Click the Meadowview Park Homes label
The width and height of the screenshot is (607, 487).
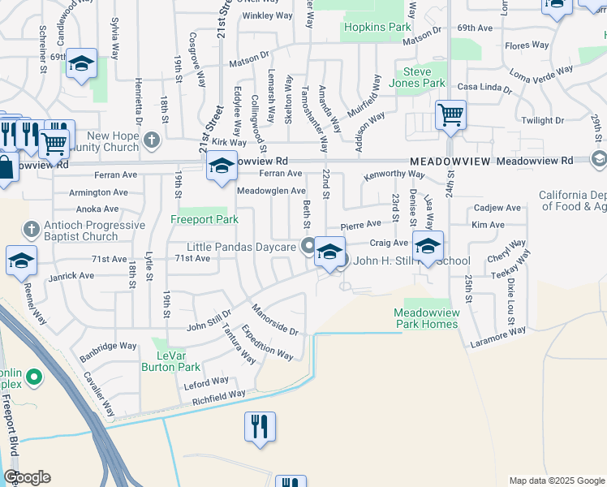coord(426,318)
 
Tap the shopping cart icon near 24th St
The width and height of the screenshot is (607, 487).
coord(450,114)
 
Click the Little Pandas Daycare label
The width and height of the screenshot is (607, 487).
coord(240,246)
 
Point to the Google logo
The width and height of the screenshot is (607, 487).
coord(27,477)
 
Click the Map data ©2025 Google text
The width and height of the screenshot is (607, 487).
coord(557,481)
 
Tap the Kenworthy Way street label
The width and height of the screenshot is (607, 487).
coord(394,174)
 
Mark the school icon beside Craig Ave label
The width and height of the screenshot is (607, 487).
coord(428,245)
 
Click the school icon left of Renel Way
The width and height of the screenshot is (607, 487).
coord(22,260)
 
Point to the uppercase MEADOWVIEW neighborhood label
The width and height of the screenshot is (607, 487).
coord(450,162)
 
